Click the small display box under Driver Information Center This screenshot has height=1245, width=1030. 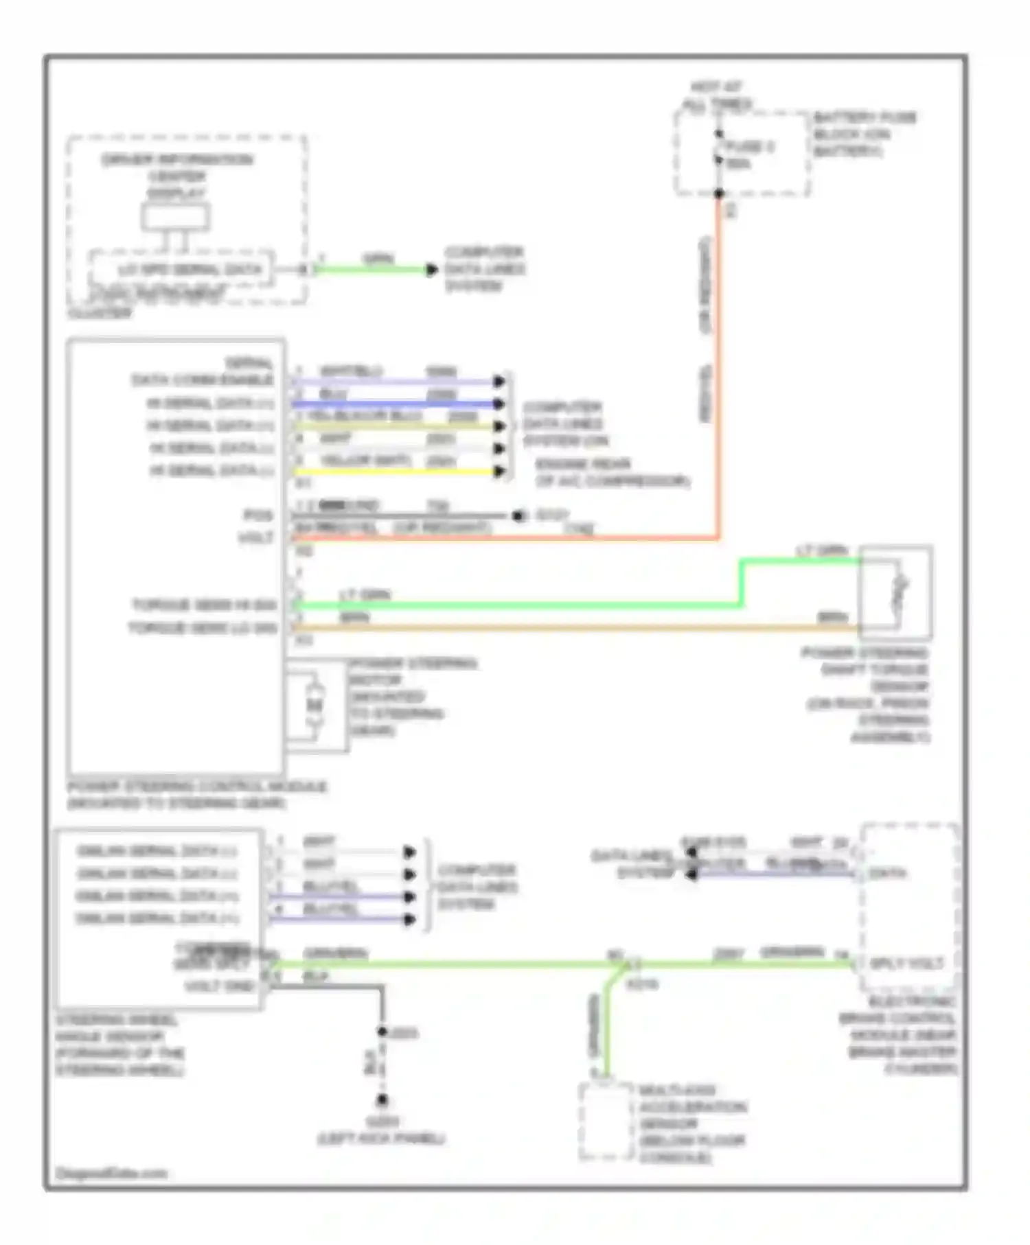[x=176, y=217]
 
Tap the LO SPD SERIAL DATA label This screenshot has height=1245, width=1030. [x=190, y=270]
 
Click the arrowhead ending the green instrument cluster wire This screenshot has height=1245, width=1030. [x=431, y=270]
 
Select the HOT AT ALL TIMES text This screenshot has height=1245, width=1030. [x=717, y=96]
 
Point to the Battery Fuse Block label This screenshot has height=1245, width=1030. [x=864, y=134]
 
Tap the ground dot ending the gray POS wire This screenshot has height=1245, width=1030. [x=518, y=515]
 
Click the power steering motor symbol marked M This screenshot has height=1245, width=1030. [x=314, y=705]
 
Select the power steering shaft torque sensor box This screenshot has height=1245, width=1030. [x=895, y=592]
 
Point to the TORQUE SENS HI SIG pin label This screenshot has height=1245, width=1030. [x=204, y=605]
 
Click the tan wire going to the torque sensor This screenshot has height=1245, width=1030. [x=577, y=627]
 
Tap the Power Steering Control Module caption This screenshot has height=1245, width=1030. [x=196, y=794]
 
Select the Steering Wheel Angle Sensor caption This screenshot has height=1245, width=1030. [x=120, y=1045]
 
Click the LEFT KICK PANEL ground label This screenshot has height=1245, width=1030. [x=382, y=1138]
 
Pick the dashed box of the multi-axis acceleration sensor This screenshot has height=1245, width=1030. [x=606, y=1121]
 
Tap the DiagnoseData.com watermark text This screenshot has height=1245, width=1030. [x=111, y=1173]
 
